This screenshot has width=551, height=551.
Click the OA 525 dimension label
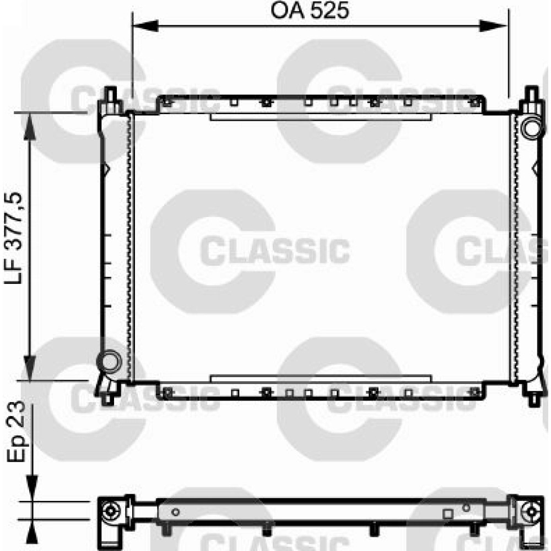(310, 10)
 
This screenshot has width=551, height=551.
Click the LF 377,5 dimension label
(14, 238)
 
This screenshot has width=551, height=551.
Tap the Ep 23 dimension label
(16, 431)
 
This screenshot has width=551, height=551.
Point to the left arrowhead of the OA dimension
(145, 26)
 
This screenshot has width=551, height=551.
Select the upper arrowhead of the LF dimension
(30, 126)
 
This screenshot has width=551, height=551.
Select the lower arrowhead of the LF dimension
(30, 368)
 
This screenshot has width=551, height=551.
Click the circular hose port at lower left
(109, 361)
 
